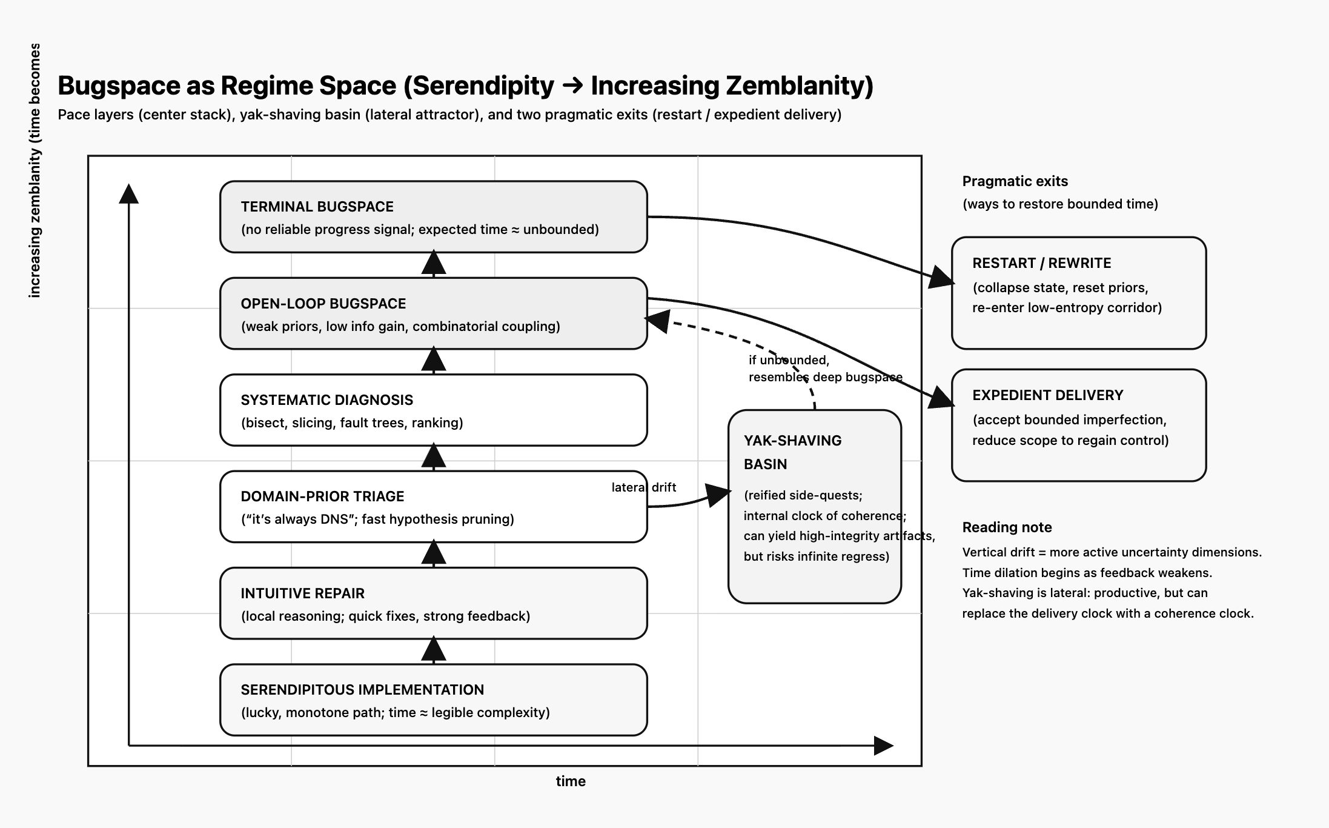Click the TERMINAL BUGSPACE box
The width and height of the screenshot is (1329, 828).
[433, 216]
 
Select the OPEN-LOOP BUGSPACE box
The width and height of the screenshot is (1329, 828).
[433, 313]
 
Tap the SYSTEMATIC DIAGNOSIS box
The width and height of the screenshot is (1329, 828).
[433, 410]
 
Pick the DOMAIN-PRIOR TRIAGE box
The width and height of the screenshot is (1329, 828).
[433, 506]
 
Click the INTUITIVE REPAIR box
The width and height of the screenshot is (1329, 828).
[433, 603]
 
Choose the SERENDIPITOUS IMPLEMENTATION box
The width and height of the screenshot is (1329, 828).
[433, 699]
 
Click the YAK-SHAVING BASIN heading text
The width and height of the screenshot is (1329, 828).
[792, 452]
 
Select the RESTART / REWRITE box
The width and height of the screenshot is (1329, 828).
[1078, 293]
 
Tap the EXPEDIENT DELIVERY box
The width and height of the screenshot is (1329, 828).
[1078, 425]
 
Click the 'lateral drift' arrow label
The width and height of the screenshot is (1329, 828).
[643, 487]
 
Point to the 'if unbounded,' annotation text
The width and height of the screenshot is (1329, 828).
[789, 360]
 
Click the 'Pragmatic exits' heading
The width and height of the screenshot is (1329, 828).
[1015, 181]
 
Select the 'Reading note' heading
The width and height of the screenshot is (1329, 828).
[1007, 527]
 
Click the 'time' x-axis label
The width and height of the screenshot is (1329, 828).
[571, 781]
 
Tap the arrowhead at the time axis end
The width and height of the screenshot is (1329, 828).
[884, 746]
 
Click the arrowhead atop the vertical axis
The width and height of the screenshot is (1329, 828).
[128, 193]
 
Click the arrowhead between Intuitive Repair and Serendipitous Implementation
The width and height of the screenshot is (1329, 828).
[433, 650]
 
